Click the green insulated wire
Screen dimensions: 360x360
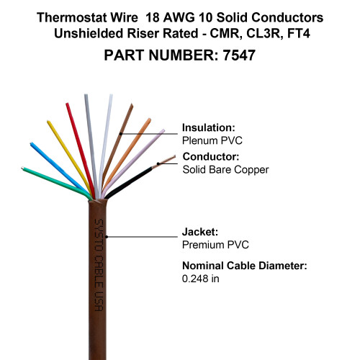coord(56,182)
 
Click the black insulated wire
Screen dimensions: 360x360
coord(128,182)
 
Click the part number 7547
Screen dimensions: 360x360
coord(239,55)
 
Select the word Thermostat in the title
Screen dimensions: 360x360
coord(72,17)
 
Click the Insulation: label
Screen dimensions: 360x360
coord(208,127)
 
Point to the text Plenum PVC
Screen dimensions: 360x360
coord(212,140)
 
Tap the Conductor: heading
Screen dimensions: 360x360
coord(211,157)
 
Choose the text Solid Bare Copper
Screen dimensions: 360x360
coord(225,170)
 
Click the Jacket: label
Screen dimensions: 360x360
coord(200,232)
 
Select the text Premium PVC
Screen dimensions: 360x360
coord(215,245)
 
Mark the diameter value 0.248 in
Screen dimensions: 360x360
coord(200,279)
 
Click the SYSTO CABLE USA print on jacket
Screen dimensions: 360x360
coord(99,265)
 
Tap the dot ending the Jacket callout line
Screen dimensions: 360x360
coord(107,237)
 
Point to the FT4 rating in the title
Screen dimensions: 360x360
coord(299,33)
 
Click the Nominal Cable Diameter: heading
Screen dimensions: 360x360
coord(245,266)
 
